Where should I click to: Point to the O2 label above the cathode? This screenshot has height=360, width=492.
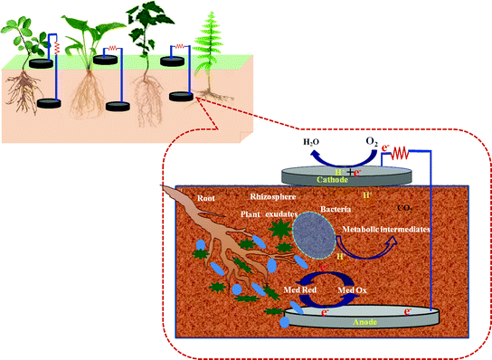tap(370, 143)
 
